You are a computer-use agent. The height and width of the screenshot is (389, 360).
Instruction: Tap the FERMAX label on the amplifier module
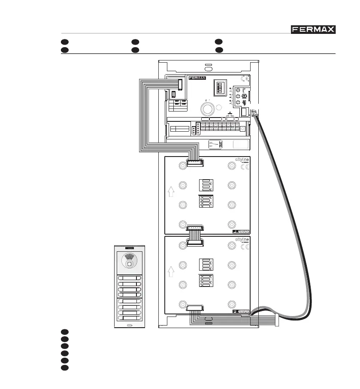[197, 78]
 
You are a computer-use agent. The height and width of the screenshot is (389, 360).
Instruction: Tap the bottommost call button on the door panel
[130, 318]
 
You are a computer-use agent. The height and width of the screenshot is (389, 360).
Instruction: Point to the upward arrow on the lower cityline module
[171, 271]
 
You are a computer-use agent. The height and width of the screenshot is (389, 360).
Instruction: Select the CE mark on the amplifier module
[245, 78]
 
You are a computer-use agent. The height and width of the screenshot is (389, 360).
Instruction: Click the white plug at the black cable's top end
[254, 114]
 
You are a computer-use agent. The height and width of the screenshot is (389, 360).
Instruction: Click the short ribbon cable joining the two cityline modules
[195, 235]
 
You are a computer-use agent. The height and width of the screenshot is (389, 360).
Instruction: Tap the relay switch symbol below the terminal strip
[215, 144]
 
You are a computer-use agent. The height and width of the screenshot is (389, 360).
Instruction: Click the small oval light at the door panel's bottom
[130, 326]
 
